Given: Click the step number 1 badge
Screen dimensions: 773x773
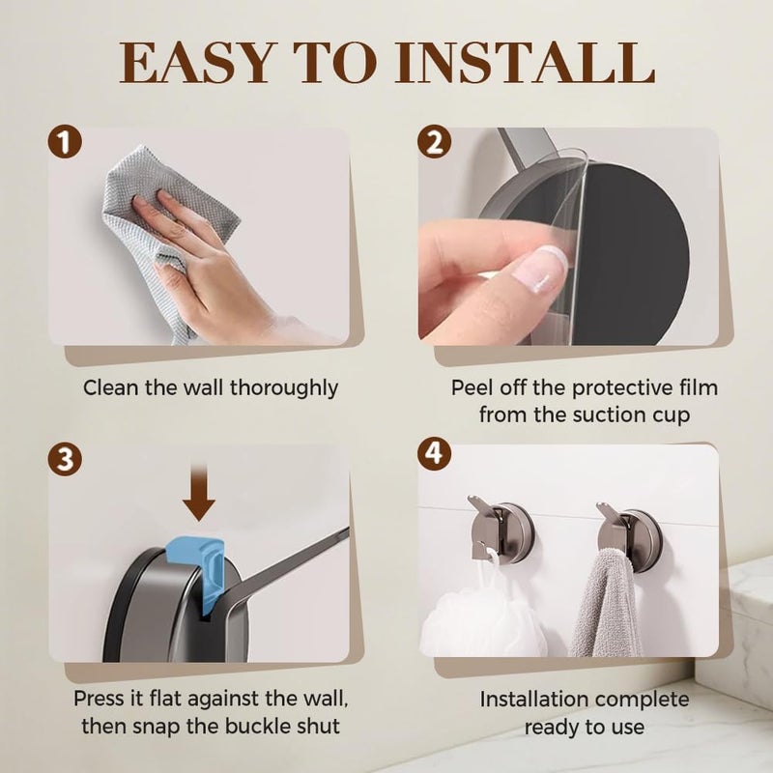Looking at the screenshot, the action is (x=65, y=142).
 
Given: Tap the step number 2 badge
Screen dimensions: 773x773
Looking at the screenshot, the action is (x=434, y=142).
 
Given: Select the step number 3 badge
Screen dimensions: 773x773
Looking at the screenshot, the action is (x=65, y=459).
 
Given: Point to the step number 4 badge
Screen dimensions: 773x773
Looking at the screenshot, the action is (x=434, y=453).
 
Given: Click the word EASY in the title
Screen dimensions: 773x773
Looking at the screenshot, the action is (x=196, y=63).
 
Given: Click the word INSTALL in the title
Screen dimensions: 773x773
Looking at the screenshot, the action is (x=525, y=63).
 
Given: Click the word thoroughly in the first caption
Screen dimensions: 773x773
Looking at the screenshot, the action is (x=284, y=388).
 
